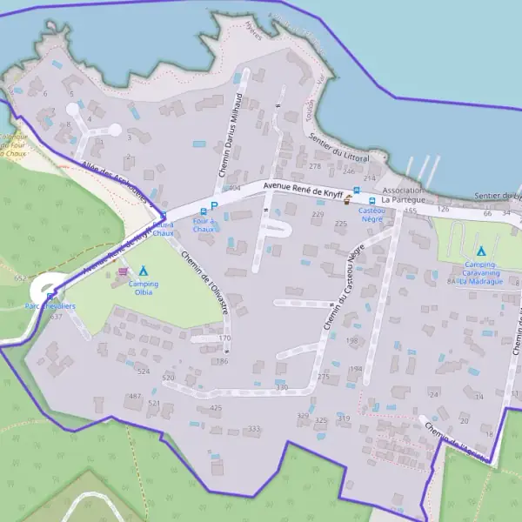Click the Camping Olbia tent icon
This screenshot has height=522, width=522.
[144, 271]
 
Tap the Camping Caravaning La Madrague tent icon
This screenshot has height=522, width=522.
[480, 251]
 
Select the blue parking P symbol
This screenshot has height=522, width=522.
[213, 206]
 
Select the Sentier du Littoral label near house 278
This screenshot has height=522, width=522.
[338, 147]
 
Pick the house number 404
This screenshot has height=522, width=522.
[233, 188]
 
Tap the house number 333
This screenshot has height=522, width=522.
[254, 429]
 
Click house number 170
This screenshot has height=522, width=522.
[224, 338]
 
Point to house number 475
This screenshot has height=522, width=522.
[215, 407]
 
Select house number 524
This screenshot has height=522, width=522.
[144, 371]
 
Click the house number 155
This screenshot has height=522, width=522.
[411, 211]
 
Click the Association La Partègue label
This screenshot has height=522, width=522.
[402, 195]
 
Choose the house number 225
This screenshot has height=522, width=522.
[341, 224]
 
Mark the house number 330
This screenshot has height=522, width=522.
[282, 387]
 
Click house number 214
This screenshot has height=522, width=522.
[369, 177]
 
